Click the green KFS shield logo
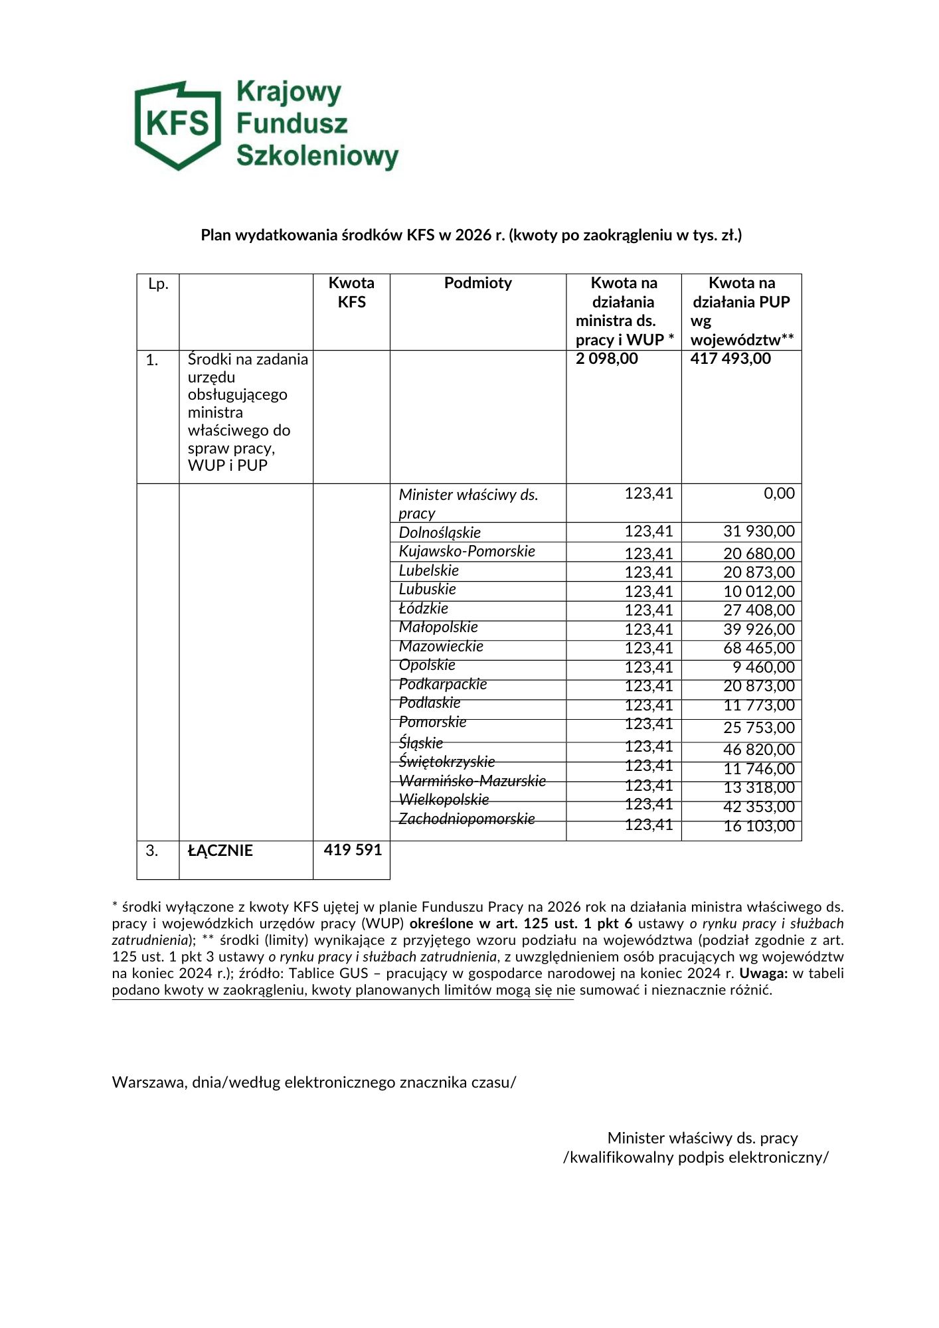178,125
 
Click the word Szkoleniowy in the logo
317,156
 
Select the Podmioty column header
477,283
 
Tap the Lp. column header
158,284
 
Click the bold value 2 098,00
606,359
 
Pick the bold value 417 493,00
730,359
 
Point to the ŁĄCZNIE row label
220,851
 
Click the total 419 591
353,850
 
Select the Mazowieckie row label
441,646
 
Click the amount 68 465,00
758,648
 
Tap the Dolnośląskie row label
440,533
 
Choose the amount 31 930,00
758,531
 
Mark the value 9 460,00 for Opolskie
763,667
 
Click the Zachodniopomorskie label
466,819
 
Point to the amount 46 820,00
758,750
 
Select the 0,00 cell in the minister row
779,493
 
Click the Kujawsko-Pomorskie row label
467,551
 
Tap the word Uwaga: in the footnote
764,973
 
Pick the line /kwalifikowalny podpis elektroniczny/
695,1157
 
